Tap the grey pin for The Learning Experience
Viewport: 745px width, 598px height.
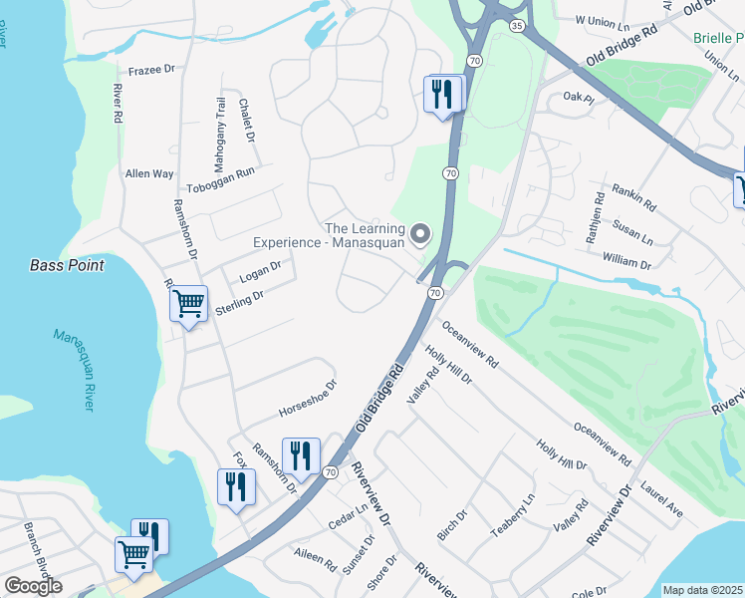point(420,235)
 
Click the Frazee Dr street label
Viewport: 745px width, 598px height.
point(151,71)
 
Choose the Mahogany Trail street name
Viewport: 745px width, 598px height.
point(221,125)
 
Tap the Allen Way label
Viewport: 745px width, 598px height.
point(149,173)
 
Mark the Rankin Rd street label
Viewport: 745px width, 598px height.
point(634,195)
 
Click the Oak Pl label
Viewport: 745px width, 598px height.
point(578,97)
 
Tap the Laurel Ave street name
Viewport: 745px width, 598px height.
point(662,499)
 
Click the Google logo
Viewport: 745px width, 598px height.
point(33,586)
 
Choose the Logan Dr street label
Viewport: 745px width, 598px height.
point(261,273)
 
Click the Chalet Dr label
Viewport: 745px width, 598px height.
point(247,120)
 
